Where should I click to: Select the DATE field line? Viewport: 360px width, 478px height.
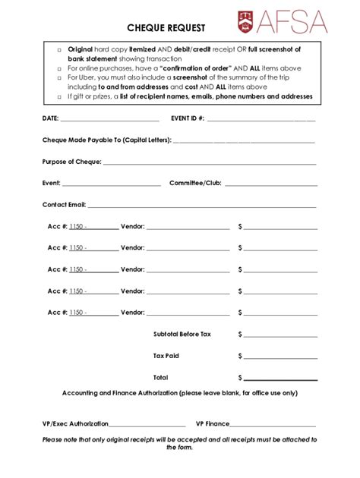click(x=109, y=121)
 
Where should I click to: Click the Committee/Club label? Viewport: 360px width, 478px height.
click(x=194, y=183)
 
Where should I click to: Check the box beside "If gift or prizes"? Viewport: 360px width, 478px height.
click(x=58, y=97)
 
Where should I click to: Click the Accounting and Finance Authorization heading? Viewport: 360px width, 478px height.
click(x=179, y=393)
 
